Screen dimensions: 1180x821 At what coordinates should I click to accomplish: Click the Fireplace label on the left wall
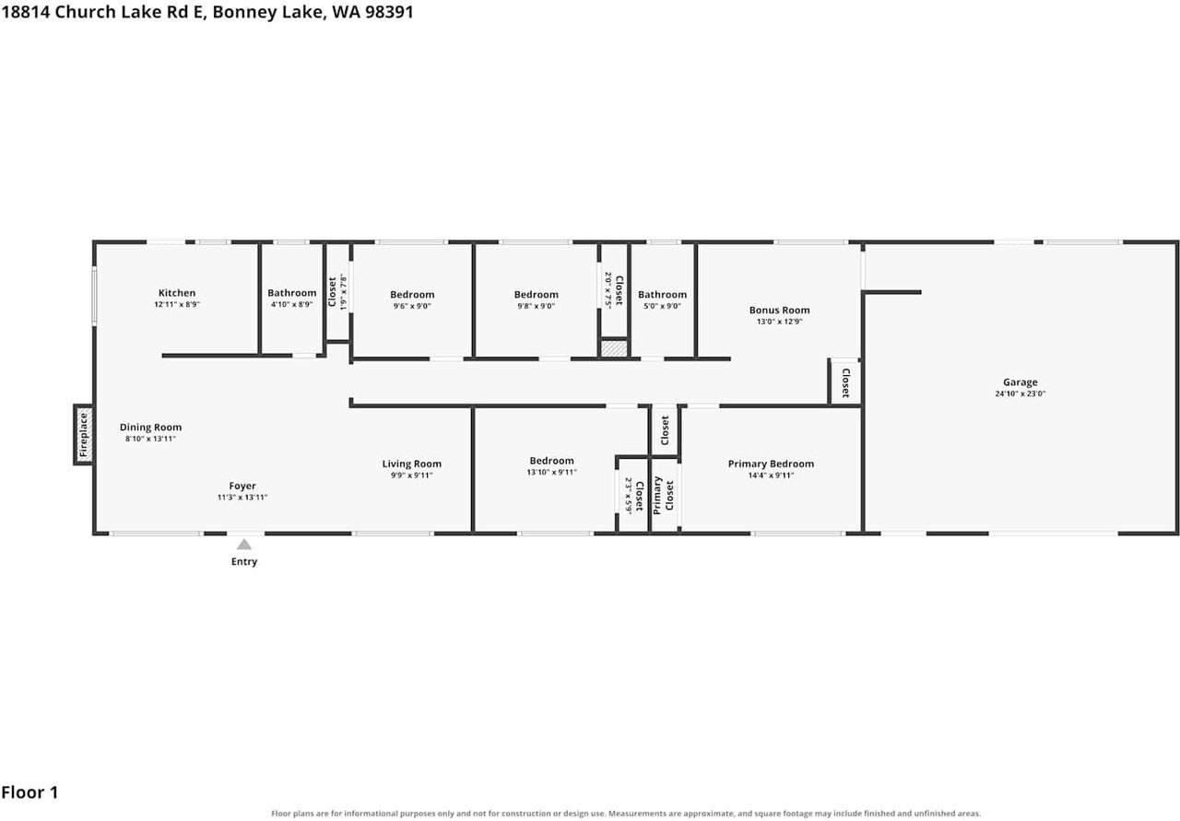coord(83,435)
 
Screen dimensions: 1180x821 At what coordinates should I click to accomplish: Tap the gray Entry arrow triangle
coord(244,545)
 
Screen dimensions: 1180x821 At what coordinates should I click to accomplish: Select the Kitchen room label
coord(177,293)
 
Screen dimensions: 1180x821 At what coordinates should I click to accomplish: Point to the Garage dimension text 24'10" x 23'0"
coord(1020,393)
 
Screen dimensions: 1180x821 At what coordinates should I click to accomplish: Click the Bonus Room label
coord(779,311)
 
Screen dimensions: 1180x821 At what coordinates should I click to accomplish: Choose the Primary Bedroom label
coord(771,464)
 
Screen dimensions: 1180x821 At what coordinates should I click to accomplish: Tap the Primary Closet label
coord(664,496)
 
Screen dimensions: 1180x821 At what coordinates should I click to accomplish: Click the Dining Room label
coord(150,428)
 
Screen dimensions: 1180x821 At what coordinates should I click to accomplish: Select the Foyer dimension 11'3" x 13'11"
coord(242,498)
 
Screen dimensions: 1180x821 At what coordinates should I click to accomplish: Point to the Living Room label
coord(412,464)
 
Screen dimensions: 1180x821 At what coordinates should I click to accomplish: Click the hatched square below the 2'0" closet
coord(614,348)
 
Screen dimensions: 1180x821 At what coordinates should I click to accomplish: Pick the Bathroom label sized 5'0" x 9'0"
coord(662,294)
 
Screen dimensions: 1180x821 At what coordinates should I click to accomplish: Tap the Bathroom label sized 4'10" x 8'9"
coord(292,293)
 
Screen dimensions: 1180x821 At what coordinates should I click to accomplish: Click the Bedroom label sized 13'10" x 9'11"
coord(551,461)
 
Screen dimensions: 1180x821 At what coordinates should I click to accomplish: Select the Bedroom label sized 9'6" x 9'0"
coord(412,294)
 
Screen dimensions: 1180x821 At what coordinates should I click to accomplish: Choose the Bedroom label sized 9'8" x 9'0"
coord(537,294)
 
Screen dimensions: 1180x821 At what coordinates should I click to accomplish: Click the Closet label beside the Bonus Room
coord(846,382)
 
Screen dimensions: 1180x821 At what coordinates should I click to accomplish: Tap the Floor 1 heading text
coord(29,792)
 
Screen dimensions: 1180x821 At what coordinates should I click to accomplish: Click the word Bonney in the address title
coord(242,12)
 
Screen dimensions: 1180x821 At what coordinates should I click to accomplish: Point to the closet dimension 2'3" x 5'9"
coord(629,496)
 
